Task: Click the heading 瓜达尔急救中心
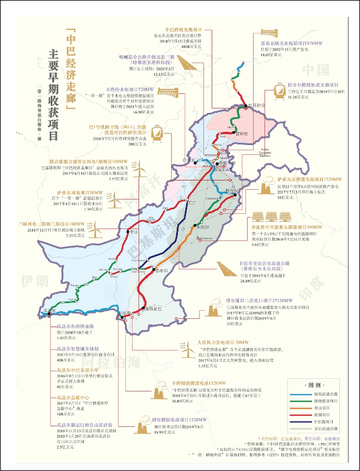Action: click(x=73, y=398)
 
